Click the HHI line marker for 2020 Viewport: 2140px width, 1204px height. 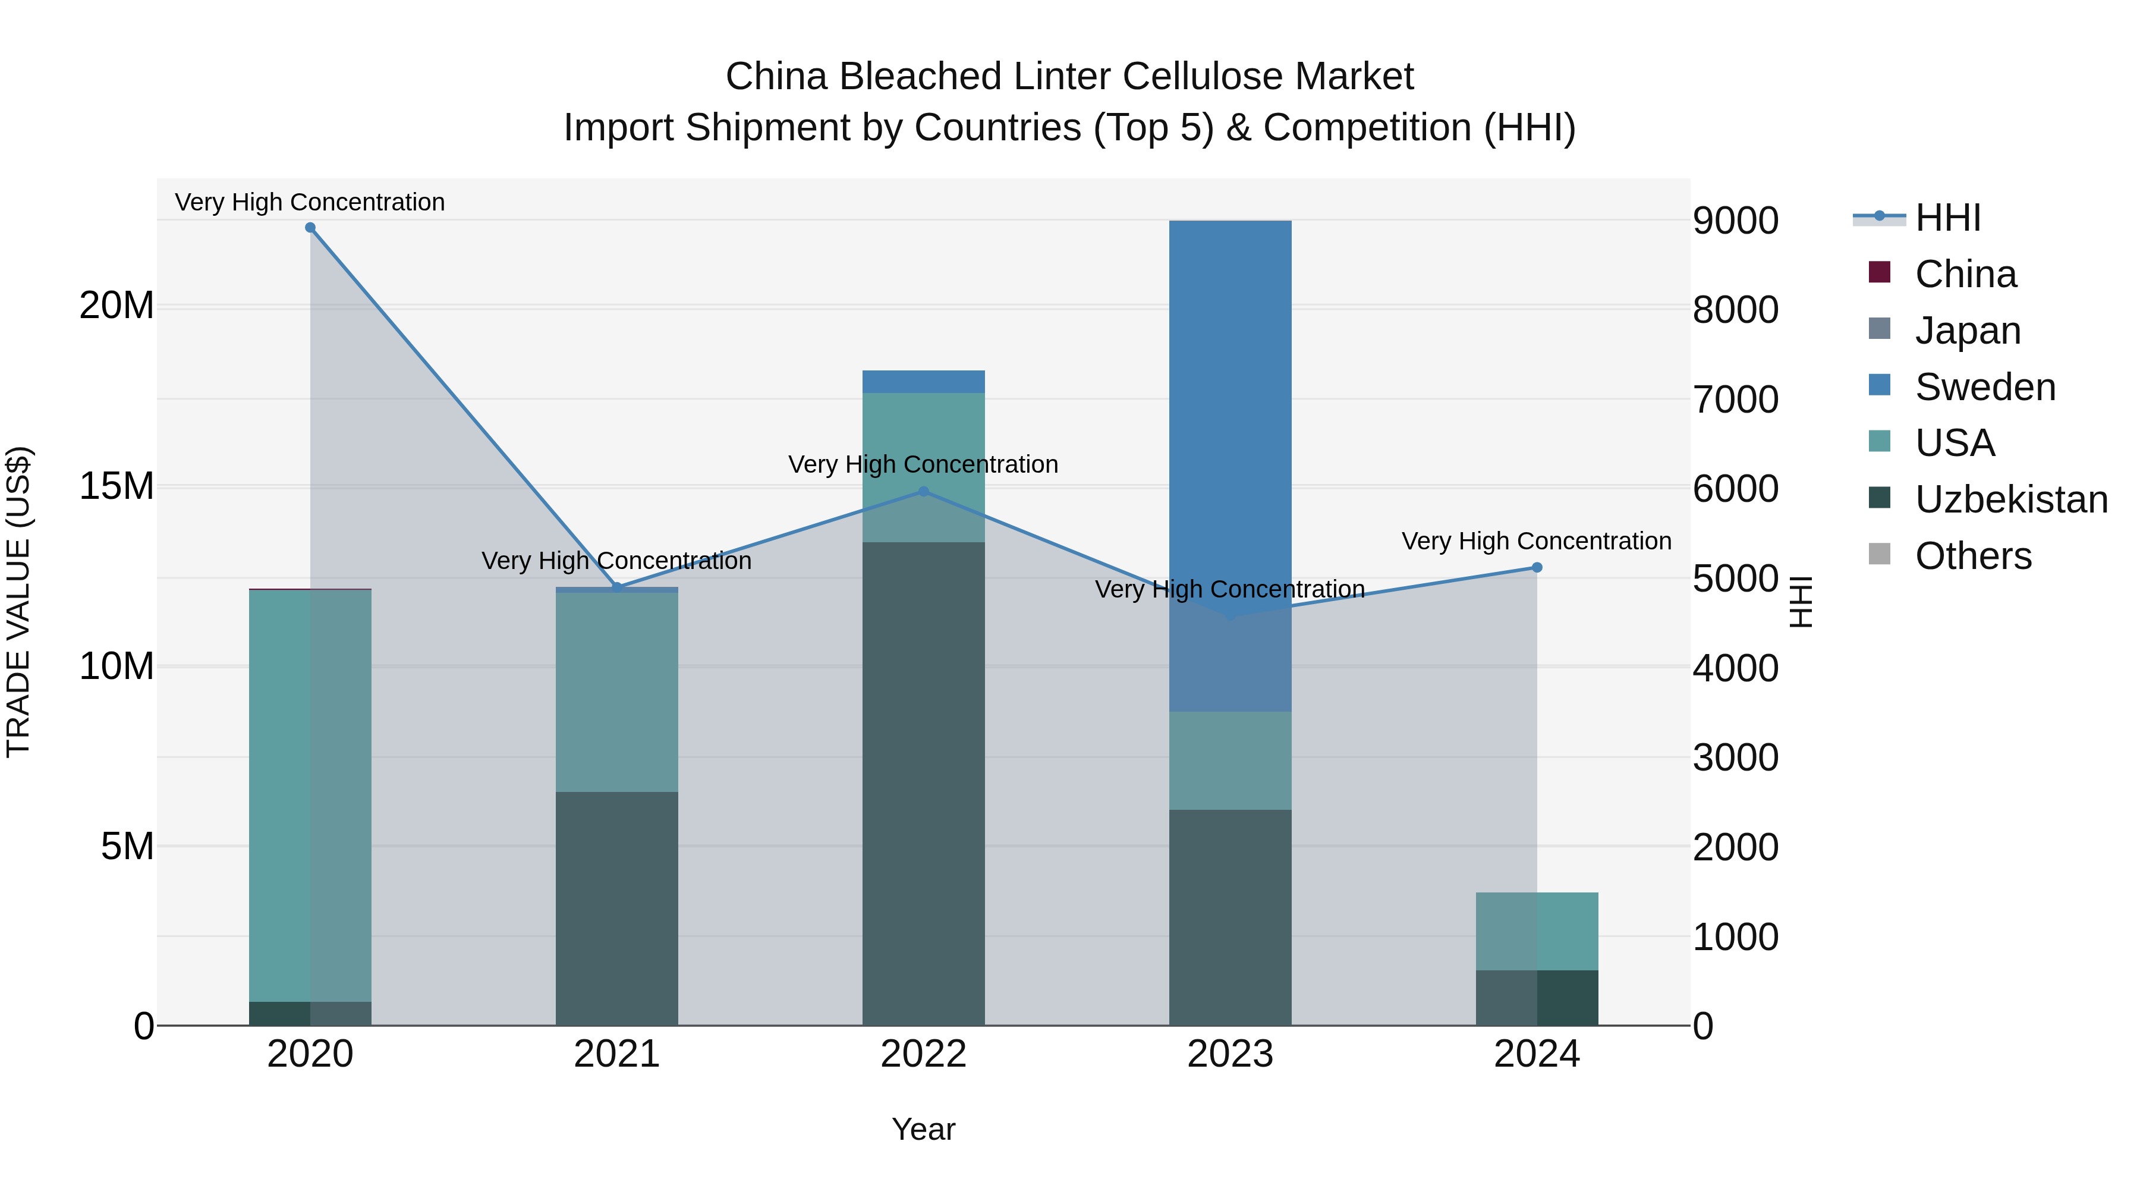[310, 228]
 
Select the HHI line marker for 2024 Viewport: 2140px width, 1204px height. [1537, 568]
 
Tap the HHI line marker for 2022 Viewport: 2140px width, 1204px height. [923, 492]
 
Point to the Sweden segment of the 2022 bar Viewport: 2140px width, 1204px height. [923, 381]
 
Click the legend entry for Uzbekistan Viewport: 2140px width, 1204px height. [2010, 499]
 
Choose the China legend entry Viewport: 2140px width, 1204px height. [1965, 274]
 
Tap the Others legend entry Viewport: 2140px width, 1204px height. [1973, 556]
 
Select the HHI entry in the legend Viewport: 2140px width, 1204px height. [1947, 218]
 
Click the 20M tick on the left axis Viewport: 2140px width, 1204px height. [117, 306]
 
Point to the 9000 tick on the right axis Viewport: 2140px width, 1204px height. [1735, 221]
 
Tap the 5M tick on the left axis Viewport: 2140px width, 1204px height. [127, 846]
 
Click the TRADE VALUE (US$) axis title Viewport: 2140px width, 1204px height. [18, 602]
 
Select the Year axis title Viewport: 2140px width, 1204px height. [923, 1129]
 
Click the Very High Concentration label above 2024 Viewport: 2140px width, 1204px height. [1536, 541]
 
